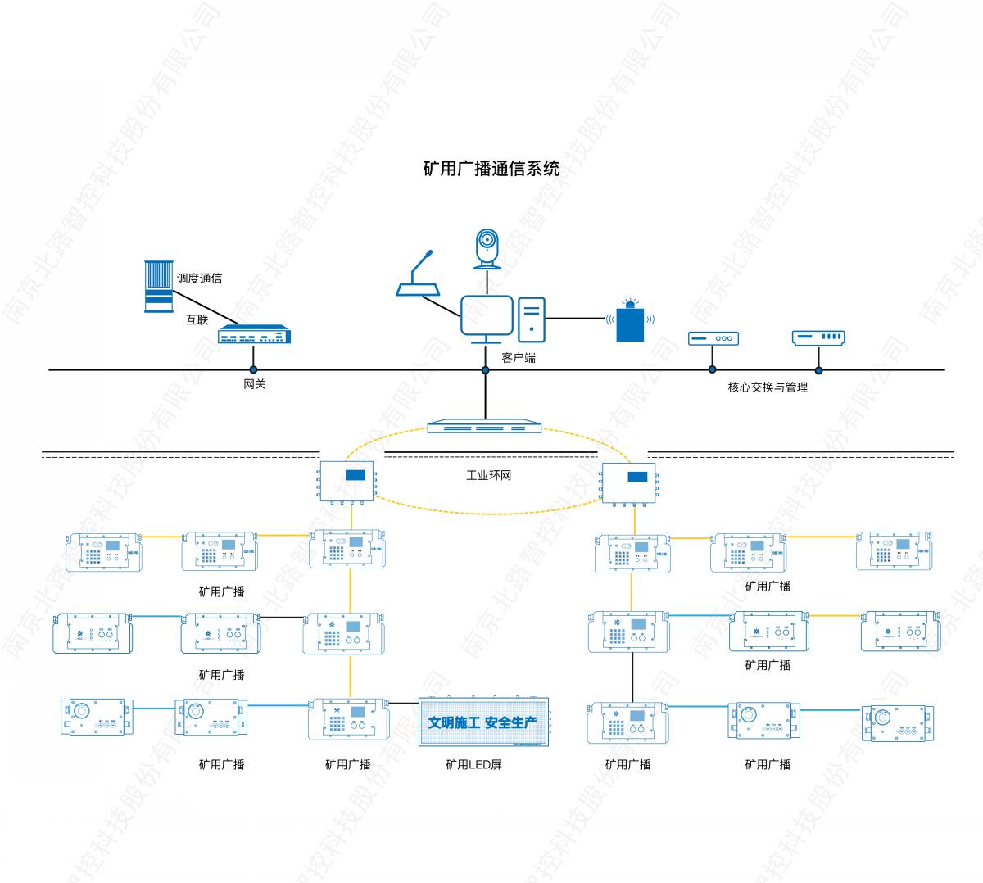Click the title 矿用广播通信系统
point(491,169)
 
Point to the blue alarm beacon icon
point(629,320)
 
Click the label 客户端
point(519,358)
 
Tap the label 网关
point(255,384)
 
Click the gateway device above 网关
point(254,335)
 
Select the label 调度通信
point(199,278)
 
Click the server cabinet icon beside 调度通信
point(158,287)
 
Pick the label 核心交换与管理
point(768,387)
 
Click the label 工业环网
point(488,475)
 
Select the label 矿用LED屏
point(473,764)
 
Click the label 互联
point(197,319)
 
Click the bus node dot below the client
point(485,370)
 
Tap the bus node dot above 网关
point(254,370)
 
